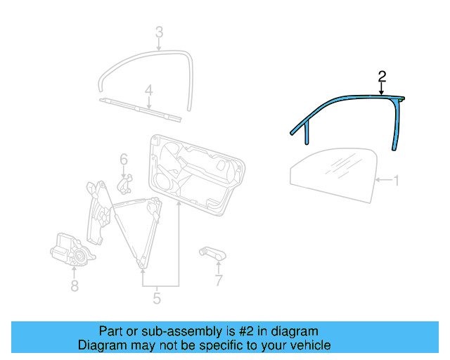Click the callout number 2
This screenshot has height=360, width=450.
point(382,76)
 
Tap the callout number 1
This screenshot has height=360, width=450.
point(396,181)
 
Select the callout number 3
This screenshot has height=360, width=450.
point(159,32)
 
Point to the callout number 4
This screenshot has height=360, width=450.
point(149,90)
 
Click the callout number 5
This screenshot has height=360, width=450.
point(156,299)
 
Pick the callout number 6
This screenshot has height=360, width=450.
point(123,160)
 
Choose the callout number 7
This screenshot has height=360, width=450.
point(219,281)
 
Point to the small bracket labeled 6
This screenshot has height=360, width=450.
point(125,184)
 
